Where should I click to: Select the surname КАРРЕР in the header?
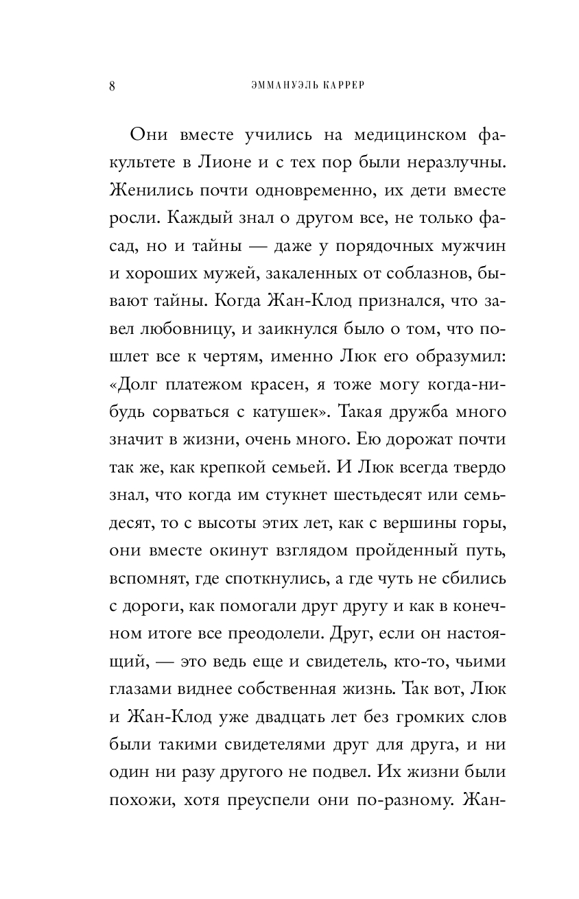336,86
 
